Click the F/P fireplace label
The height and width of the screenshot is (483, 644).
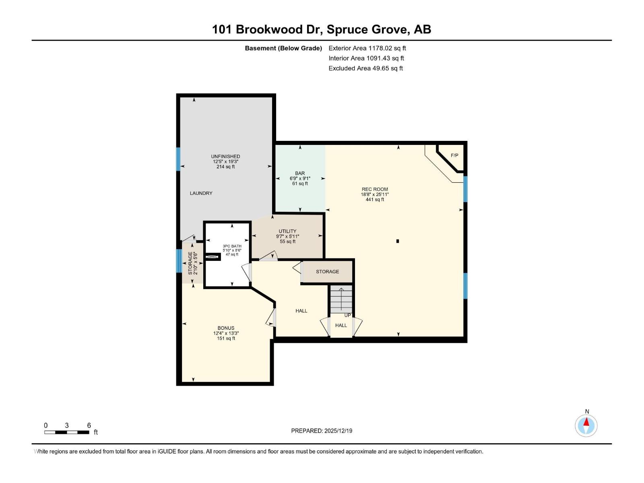454,155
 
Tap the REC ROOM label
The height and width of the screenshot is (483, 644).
375,189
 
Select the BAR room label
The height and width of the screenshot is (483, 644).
300,173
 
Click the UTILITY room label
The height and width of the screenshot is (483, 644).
287,231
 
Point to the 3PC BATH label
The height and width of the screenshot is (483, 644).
232,246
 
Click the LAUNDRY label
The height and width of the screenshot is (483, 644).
201,193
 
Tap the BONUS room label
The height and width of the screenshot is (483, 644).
226,328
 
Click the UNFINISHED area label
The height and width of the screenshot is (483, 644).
225,157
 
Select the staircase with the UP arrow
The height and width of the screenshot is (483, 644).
341,299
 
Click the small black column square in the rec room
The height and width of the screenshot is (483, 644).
398,241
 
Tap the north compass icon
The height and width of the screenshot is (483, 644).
586,425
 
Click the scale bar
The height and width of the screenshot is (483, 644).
67,432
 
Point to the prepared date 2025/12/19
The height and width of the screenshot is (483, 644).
322,431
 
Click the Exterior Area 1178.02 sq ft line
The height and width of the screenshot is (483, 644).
367,48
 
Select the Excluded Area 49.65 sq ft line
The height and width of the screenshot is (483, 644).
365,68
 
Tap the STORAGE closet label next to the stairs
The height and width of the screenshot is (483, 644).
327,272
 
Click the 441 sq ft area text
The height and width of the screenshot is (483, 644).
375,200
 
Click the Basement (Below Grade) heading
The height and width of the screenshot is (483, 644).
283,48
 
